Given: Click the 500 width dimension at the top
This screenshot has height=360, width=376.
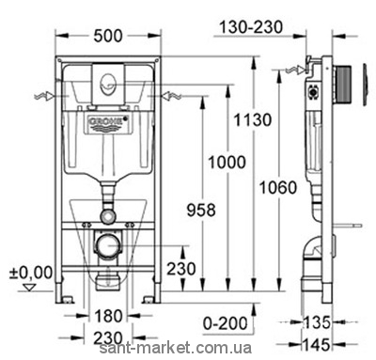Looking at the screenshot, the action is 108,36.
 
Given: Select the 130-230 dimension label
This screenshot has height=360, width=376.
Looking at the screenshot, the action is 251,27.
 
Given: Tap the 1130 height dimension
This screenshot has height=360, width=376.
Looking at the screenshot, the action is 253,120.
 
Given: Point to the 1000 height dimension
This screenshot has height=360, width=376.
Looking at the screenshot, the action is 227,163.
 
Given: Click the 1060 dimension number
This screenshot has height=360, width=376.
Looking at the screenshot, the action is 278,188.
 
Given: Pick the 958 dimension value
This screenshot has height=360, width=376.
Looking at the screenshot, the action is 201,210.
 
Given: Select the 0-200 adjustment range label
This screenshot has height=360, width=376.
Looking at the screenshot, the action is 226,323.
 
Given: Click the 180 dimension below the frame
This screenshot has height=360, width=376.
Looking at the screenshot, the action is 108,316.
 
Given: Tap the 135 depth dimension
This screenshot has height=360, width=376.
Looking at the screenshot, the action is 317,322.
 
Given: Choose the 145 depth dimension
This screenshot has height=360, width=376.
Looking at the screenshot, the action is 317,345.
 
